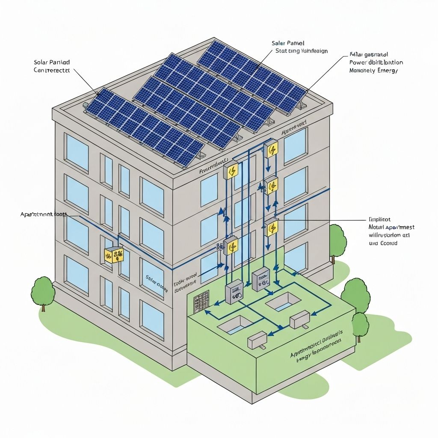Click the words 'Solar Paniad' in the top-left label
pos(51,62)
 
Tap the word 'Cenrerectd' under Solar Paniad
pos(51,70)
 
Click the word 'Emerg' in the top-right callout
pos(387,71)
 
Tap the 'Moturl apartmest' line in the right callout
pos(391,227)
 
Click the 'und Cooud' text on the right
pos(383,243)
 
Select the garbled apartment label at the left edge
pos(42,214)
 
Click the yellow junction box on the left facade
pos(114,255)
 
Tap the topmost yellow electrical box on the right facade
pos(271,149)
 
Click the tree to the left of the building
pos(43,292)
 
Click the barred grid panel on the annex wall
pos(201,302)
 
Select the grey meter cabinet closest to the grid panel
pos(234,292)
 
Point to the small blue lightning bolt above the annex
pos(275,267)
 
